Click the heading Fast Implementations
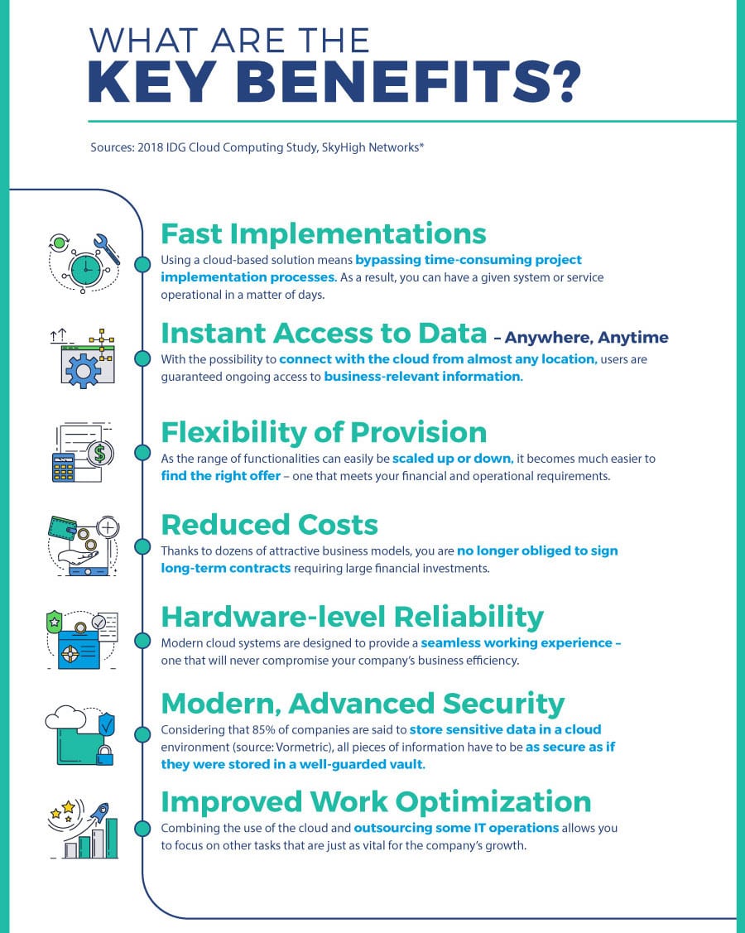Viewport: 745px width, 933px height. click(323, 233)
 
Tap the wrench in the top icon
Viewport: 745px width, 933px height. click(106, 248)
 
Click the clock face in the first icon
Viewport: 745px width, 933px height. click(85, 269)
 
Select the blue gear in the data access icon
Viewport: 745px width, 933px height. click(83, 371)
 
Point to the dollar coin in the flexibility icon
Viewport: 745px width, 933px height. click(99, 454)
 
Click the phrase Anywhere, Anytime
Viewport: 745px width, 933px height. click(586, 338)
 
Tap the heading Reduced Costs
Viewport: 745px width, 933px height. click(270, 524)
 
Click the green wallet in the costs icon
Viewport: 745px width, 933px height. click(62, 527)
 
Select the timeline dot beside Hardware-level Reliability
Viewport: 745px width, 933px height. click(142, 640)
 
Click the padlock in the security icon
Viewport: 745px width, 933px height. click(105, 756)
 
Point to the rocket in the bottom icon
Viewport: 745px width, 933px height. click(99, 811)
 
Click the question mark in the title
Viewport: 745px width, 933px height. click(561, 81)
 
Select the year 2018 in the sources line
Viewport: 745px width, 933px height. click(150, 147)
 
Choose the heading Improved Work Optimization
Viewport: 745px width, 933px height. click(376, 801)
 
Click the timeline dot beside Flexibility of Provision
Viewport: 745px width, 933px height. click(142, 452)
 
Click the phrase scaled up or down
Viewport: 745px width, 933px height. click(452, 458)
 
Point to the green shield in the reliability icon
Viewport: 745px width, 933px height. click(54, 623)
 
